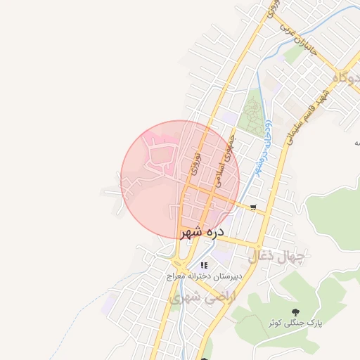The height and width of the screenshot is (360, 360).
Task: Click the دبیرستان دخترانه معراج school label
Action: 205,276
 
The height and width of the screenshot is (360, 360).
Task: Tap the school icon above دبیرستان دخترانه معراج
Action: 205,265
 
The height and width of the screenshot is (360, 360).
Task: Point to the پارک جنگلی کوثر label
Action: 295,323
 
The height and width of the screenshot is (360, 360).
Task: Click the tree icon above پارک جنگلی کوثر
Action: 295,311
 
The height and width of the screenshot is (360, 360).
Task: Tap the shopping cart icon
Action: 252,207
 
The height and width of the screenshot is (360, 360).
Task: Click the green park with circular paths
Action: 250,117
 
